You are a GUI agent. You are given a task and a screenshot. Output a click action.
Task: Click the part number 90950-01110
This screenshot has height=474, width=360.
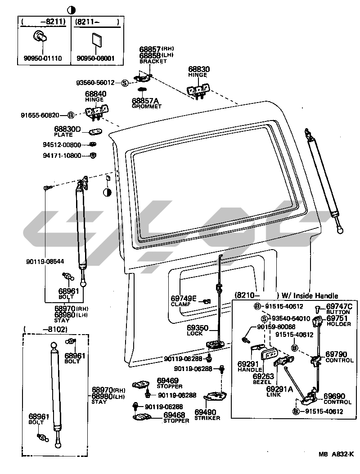pyautogui.click(x=43, y=58)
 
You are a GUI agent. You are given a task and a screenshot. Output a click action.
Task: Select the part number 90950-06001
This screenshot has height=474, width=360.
pyautogui.click(x=95, y=58)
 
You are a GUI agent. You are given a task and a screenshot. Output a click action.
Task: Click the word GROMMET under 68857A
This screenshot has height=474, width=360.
pyautogui.click(x=146, y=107)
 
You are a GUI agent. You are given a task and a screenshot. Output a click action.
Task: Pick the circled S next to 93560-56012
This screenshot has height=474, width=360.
pyautogui.click(x=125, y=83)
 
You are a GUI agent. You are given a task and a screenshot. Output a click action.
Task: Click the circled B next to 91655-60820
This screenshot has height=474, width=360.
pyautogui.click(x=71, y=115)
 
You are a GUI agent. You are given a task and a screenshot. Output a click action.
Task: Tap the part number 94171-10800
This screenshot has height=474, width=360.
pyautogui.click(x=62, y=156)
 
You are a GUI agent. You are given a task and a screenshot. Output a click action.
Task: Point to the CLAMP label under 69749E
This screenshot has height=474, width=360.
pyautogui.click(x=180, y=304)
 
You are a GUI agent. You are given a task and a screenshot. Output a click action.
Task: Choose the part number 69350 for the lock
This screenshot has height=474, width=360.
pyautogui.click(x=198, y=328)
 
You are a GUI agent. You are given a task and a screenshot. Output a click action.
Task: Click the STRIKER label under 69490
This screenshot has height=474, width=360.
pyautogui.click(x=207, y=418)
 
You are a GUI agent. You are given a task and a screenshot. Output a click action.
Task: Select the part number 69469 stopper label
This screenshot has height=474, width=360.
pyautogui.click(x=167, y=380)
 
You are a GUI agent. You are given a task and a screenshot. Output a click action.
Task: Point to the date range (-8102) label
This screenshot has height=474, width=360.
pyautogui.click(x=45, y=330)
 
